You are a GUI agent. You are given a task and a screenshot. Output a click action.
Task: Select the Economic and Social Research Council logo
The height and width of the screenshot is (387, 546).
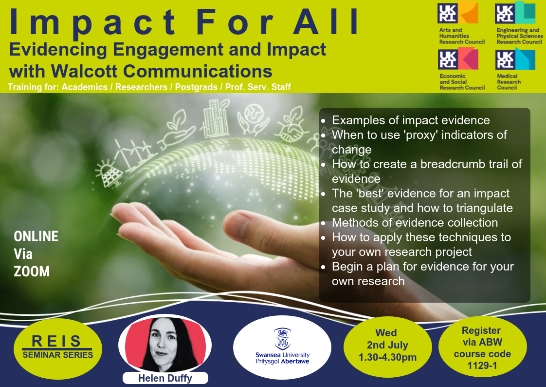[461, 69]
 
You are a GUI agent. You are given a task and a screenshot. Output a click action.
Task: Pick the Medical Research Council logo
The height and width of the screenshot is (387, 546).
[515, 69]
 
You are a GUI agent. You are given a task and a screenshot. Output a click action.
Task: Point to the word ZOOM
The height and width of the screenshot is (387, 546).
[32, 271]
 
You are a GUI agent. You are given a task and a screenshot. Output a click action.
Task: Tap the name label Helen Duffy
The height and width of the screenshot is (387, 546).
[165, 378]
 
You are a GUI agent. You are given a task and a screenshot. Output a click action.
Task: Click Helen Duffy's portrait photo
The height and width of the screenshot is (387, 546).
[165, 344]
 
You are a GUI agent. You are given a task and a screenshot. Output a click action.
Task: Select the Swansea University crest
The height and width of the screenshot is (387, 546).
[282, 339]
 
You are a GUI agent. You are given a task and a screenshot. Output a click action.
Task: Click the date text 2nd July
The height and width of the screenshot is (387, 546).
[387, 345]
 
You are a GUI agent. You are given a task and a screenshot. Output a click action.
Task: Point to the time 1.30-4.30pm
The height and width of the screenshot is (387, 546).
[387, 357]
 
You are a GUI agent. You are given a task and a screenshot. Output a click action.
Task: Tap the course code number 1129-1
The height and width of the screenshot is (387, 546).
[482, 366]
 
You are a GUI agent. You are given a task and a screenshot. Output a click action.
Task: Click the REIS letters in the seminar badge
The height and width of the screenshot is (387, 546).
[56, 341]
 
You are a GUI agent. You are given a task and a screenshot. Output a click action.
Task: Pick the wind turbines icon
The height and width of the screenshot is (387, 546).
[134, 154]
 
